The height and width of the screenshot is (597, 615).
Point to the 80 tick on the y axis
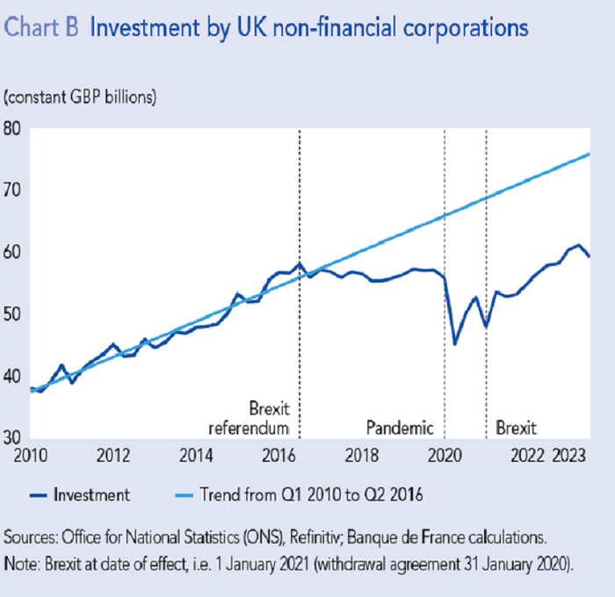tap(14, 128)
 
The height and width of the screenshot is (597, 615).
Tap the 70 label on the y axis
tap(14, 191)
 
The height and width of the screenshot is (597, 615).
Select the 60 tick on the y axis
tap(14, 253)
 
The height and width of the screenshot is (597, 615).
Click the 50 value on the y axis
tap(14, 314)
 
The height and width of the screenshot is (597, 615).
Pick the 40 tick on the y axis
tap(14, 377)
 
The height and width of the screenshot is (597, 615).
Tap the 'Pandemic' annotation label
tap(400, 428)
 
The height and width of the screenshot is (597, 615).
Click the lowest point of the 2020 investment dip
tap(454, 343)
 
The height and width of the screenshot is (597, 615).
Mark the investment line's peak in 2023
tap(578, 245)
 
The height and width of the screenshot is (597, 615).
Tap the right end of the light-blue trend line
tap(589, 154)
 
